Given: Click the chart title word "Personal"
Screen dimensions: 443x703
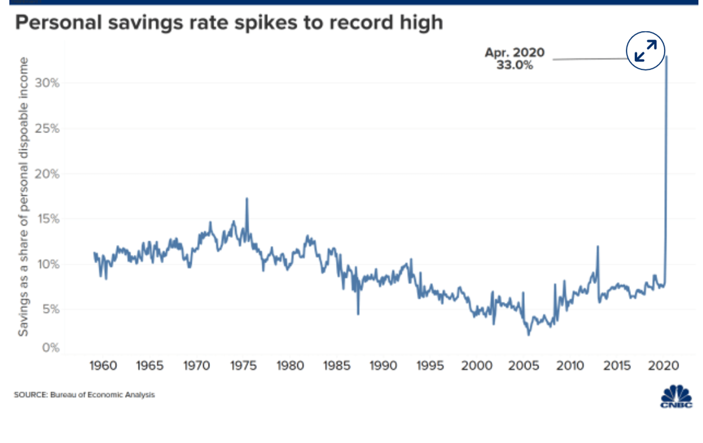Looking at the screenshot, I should click(58, 22).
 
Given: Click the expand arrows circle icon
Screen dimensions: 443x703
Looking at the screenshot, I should click(645, 51).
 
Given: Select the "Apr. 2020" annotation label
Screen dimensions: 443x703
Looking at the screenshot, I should click(514, 52).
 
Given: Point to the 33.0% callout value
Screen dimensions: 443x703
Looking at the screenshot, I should click(514, 65).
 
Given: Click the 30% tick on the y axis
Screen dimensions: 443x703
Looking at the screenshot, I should click(47, 83).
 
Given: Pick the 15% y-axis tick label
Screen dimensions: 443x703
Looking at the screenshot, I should click(48, 219).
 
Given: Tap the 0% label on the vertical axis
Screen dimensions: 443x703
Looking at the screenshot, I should click(51, 348).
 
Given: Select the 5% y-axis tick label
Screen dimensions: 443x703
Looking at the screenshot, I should click(50, 309).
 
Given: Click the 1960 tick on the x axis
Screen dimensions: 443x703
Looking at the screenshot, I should click(103, 366).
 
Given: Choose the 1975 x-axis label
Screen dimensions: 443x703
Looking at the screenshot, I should click(243, 366).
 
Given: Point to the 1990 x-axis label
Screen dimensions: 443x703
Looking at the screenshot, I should click(383, 366).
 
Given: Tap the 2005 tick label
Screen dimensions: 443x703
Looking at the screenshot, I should click(524, 366).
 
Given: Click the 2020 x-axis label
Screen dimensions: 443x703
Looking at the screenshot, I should click(663, 366).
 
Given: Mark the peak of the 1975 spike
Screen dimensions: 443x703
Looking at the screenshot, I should click(247, 199).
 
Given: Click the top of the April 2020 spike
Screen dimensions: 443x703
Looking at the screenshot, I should click(667, 57).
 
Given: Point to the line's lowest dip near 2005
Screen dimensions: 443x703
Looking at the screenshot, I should click(529, 334).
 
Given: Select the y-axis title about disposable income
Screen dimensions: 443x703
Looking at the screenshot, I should click(23, 197).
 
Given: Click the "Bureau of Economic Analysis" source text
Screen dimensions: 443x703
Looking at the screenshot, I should click(102, 395).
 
